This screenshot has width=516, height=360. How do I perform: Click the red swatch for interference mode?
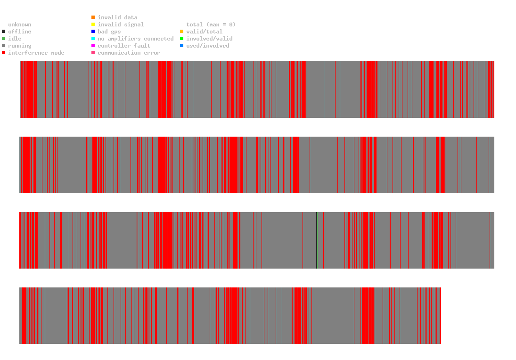point(4,53)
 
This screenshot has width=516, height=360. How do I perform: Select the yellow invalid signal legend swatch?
point(93,25)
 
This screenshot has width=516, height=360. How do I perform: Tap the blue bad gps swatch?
point(93,32)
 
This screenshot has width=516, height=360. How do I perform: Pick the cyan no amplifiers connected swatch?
point(93,39)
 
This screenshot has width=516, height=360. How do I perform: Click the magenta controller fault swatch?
point(93,46)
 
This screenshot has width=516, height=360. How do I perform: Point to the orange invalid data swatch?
point(93,17)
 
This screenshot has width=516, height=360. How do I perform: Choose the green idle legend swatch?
point(4,39)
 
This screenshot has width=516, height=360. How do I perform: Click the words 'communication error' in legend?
point(129,53)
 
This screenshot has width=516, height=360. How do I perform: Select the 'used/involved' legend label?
point(208,46)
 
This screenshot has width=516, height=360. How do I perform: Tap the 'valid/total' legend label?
point(204,32)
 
